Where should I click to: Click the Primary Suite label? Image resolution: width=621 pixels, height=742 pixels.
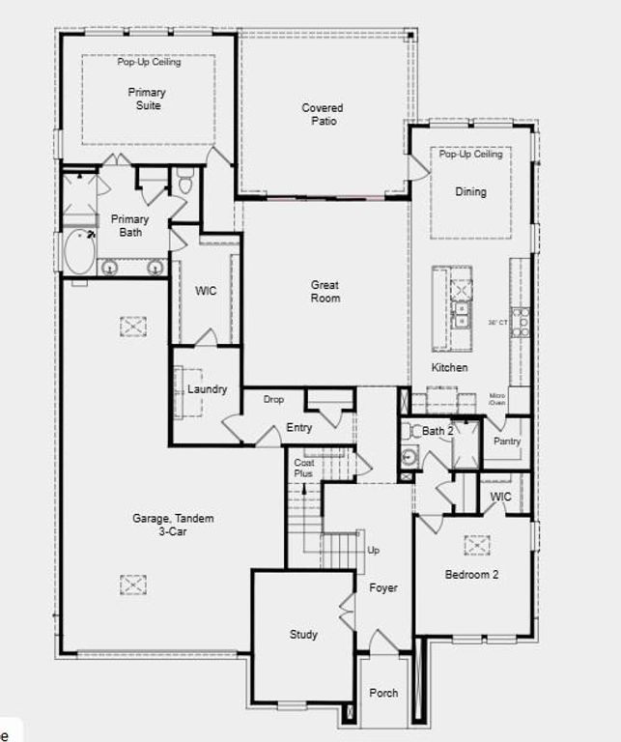pos(147,99)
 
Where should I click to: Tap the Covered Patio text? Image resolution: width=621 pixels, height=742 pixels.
pos(322,114)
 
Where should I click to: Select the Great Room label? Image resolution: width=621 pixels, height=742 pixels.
pos(325,291)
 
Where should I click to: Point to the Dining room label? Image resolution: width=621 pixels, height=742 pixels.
pos(470,191)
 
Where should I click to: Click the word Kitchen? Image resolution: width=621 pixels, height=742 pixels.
pos(449,368)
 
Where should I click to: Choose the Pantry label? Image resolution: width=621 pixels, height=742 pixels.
pos(507,442)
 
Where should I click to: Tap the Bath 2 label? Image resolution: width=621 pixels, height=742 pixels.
pos(437,431)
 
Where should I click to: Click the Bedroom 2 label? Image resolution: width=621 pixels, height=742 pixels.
pos(471,575)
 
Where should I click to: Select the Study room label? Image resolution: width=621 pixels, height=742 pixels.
pos(303,635)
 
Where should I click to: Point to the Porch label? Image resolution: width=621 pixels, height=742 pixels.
pos(383,693)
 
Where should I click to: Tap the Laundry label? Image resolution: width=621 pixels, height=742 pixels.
pos(207,389)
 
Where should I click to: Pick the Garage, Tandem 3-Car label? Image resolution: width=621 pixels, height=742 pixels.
pos(173,525)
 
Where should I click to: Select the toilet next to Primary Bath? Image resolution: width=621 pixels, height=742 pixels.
pos(185,181)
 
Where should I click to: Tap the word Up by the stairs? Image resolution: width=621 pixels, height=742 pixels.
pos(374,550)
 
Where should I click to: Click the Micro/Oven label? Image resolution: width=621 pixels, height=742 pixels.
pos(496,399)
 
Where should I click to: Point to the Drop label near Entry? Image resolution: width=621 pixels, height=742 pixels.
pos(273,399)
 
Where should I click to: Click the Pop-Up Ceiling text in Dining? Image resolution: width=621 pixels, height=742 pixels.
pos(470,154)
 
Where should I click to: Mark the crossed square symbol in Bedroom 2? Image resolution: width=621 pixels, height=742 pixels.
pos(476,545)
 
